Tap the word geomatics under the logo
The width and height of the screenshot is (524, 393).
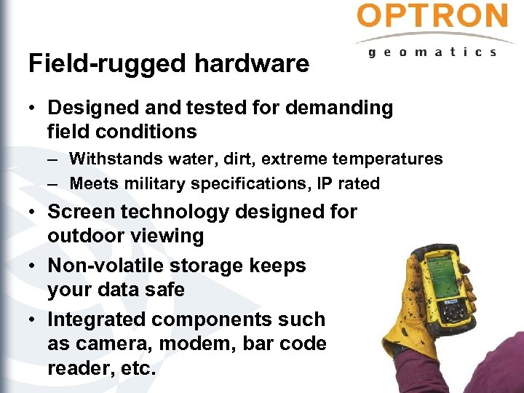pos(433,52)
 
